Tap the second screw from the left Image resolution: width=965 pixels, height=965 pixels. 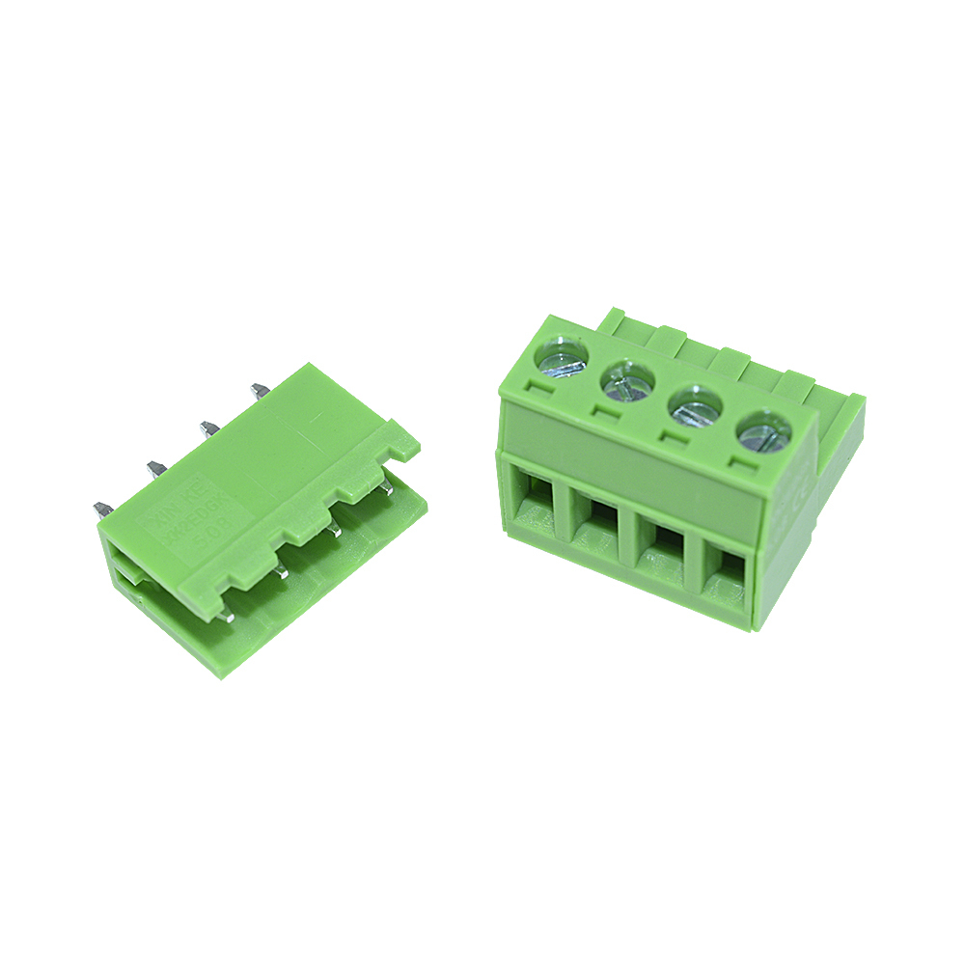click(x=626, y=380)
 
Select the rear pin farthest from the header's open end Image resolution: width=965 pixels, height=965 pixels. click(x=260, y=391)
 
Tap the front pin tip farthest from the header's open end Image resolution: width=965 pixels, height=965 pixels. click(x=385, y=488)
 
